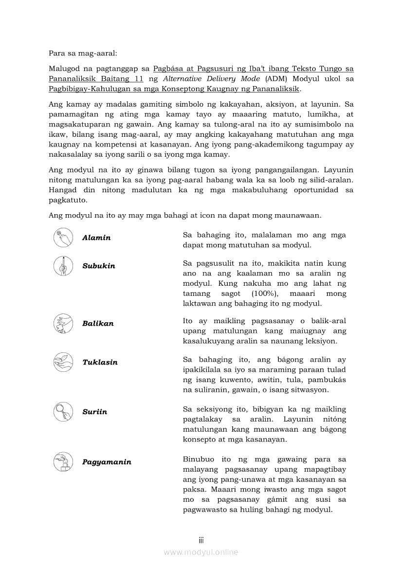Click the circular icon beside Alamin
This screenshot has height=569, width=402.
[63, 237]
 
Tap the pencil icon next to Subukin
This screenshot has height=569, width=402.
[63, 265]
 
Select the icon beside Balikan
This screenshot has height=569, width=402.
[63, 323]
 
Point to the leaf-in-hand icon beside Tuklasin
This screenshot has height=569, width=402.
[63, 362]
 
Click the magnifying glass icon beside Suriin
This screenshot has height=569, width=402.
[63, 411]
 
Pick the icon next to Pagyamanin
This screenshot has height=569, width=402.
[63, 461]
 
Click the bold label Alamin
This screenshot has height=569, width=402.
[96, 238]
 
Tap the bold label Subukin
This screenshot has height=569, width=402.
[99, 266]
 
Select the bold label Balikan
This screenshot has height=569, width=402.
[98, 324]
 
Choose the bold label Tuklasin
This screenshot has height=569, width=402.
[100, 363]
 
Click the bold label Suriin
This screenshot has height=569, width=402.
[94, 412]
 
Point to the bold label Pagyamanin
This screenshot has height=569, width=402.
[107, 462]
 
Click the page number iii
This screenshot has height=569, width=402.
[201, 540]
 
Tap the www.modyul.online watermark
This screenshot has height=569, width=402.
[201, 552]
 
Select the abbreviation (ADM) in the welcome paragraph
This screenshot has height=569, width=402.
[276, 79]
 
